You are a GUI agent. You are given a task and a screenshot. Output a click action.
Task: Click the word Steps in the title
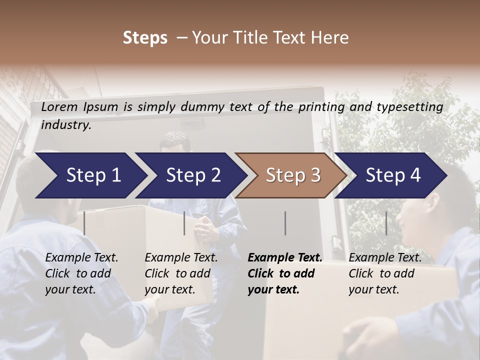[145, 38]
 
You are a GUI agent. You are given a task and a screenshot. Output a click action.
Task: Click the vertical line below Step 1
[84, 223]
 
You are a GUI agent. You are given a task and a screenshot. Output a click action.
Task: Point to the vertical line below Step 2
[184, 223]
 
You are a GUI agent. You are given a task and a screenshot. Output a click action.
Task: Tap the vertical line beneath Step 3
[285, 223]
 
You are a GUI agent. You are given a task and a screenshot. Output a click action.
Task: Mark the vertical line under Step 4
[386, 223]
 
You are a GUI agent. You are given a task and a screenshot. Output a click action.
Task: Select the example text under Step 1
[81, 273]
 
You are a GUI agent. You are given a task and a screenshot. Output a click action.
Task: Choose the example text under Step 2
[180, 273]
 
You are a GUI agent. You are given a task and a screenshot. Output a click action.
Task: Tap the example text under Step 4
[384, 273]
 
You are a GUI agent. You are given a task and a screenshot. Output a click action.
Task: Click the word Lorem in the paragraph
[59, 107]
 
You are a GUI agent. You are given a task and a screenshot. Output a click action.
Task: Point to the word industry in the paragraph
[66, 125]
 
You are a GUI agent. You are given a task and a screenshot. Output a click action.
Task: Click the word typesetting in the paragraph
[409, 107]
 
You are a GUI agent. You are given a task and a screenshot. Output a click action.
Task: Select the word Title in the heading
[243, 38]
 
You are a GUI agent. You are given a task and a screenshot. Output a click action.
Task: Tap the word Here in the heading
[329, 38]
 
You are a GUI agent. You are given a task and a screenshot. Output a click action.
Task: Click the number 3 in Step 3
[315, 175]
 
